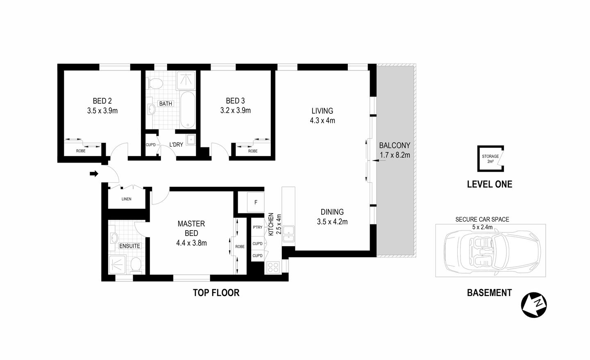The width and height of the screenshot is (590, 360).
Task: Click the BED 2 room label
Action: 102,101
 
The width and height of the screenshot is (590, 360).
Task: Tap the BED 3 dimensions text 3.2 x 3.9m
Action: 235,111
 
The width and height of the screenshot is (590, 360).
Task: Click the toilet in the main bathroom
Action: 155,84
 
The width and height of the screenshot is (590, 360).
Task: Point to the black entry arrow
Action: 94,174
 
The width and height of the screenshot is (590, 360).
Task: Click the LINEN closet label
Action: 126,199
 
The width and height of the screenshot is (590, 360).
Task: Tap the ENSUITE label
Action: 129,246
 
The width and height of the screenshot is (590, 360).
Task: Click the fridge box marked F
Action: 256,202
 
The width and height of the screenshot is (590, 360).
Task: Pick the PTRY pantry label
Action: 258,227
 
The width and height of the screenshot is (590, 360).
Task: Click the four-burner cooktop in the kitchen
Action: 273,267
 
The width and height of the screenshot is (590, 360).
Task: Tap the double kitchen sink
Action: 289,232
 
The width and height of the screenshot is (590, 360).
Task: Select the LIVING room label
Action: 322,111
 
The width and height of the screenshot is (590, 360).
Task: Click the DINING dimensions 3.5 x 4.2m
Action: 332,222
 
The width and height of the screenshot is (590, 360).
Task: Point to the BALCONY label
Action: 394,145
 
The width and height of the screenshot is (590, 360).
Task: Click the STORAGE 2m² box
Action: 490,159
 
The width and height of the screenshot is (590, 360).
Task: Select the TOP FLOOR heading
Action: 216,293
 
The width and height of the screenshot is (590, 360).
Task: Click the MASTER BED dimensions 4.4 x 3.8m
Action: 191,243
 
